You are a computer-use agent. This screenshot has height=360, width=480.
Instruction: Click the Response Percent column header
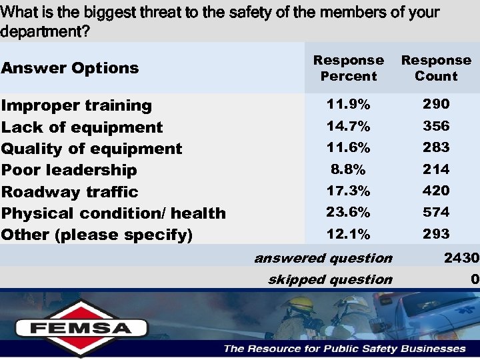pos(348,68)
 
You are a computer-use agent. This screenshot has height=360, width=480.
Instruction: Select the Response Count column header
pos(436,68)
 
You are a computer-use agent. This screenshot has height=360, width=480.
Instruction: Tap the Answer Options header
pos(70,68)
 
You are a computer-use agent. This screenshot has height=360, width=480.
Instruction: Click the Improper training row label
pos(77,105)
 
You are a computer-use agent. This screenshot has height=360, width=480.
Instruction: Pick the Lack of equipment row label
pos(82,127)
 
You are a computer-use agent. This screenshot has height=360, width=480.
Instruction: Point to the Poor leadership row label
pos(69,170)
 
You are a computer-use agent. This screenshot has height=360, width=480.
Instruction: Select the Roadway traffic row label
pos(70,192)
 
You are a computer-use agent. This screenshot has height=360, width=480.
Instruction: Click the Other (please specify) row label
pos(97,235)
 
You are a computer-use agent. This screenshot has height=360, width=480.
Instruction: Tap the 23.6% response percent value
pos(348,212)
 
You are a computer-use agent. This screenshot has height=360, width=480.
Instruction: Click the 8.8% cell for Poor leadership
pos(348,169)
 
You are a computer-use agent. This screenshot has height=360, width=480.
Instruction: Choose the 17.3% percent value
pos(348,191)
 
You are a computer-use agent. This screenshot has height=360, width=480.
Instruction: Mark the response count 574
pos(436,212)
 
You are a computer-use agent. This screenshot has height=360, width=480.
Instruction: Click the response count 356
pos(436,126)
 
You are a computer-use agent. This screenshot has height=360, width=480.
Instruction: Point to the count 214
pos(436,169)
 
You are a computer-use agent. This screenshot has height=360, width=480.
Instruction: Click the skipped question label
pos(330,279)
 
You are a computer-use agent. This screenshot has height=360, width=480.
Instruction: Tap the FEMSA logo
pos(82,327)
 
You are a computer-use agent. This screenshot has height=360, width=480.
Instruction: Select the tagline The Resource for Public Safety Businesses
pos(345,349)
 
